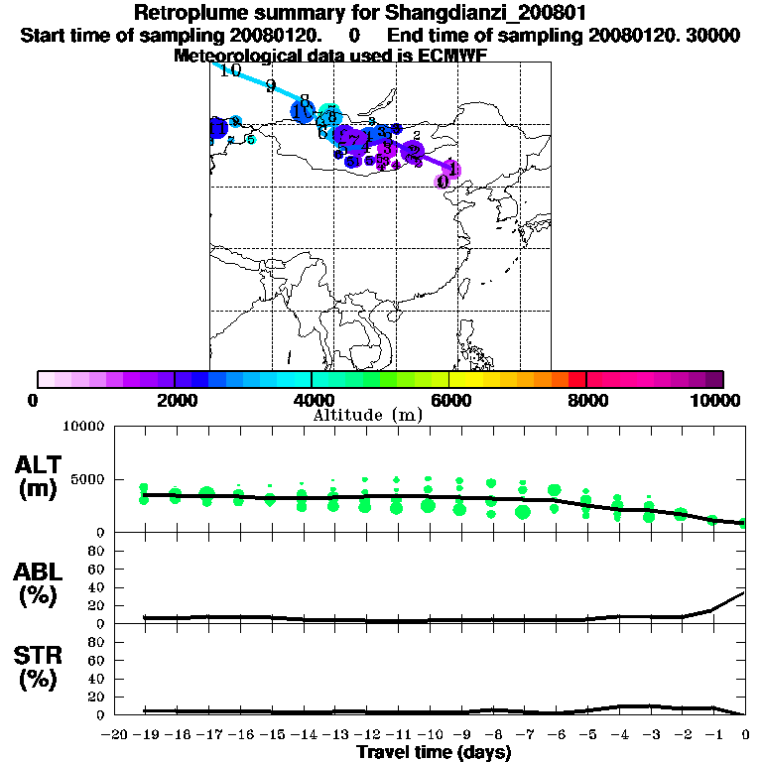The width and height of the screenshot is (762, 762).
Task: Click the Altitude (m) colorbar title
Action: pyautogui.click(x=367, y=415)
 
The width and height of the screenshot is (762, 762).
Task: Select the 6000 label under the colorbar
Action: pyautogui.click(x=449, y=400)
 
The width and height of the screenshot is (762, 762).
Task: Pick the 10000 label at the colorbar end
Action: pyautogui.click(x=715, y=400)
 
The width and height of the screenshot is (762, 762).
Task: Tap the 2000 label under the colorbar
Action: pyautogui.click(x=175, y=400)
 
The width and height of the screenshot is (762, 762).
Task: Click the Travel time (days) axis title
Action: pyautogui.click(x=434, y=753)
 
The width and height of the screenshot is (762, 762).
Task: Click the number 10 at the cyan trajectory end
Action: pyautogui.click(x=230, y=70)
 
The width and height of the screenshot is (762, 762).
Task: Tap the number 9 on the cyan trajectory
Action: pyautogui.click(x=271, y=85)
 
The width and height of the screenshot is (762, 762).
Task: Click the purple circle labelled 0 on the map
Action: pyautogui.click(x=443, y=182)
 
